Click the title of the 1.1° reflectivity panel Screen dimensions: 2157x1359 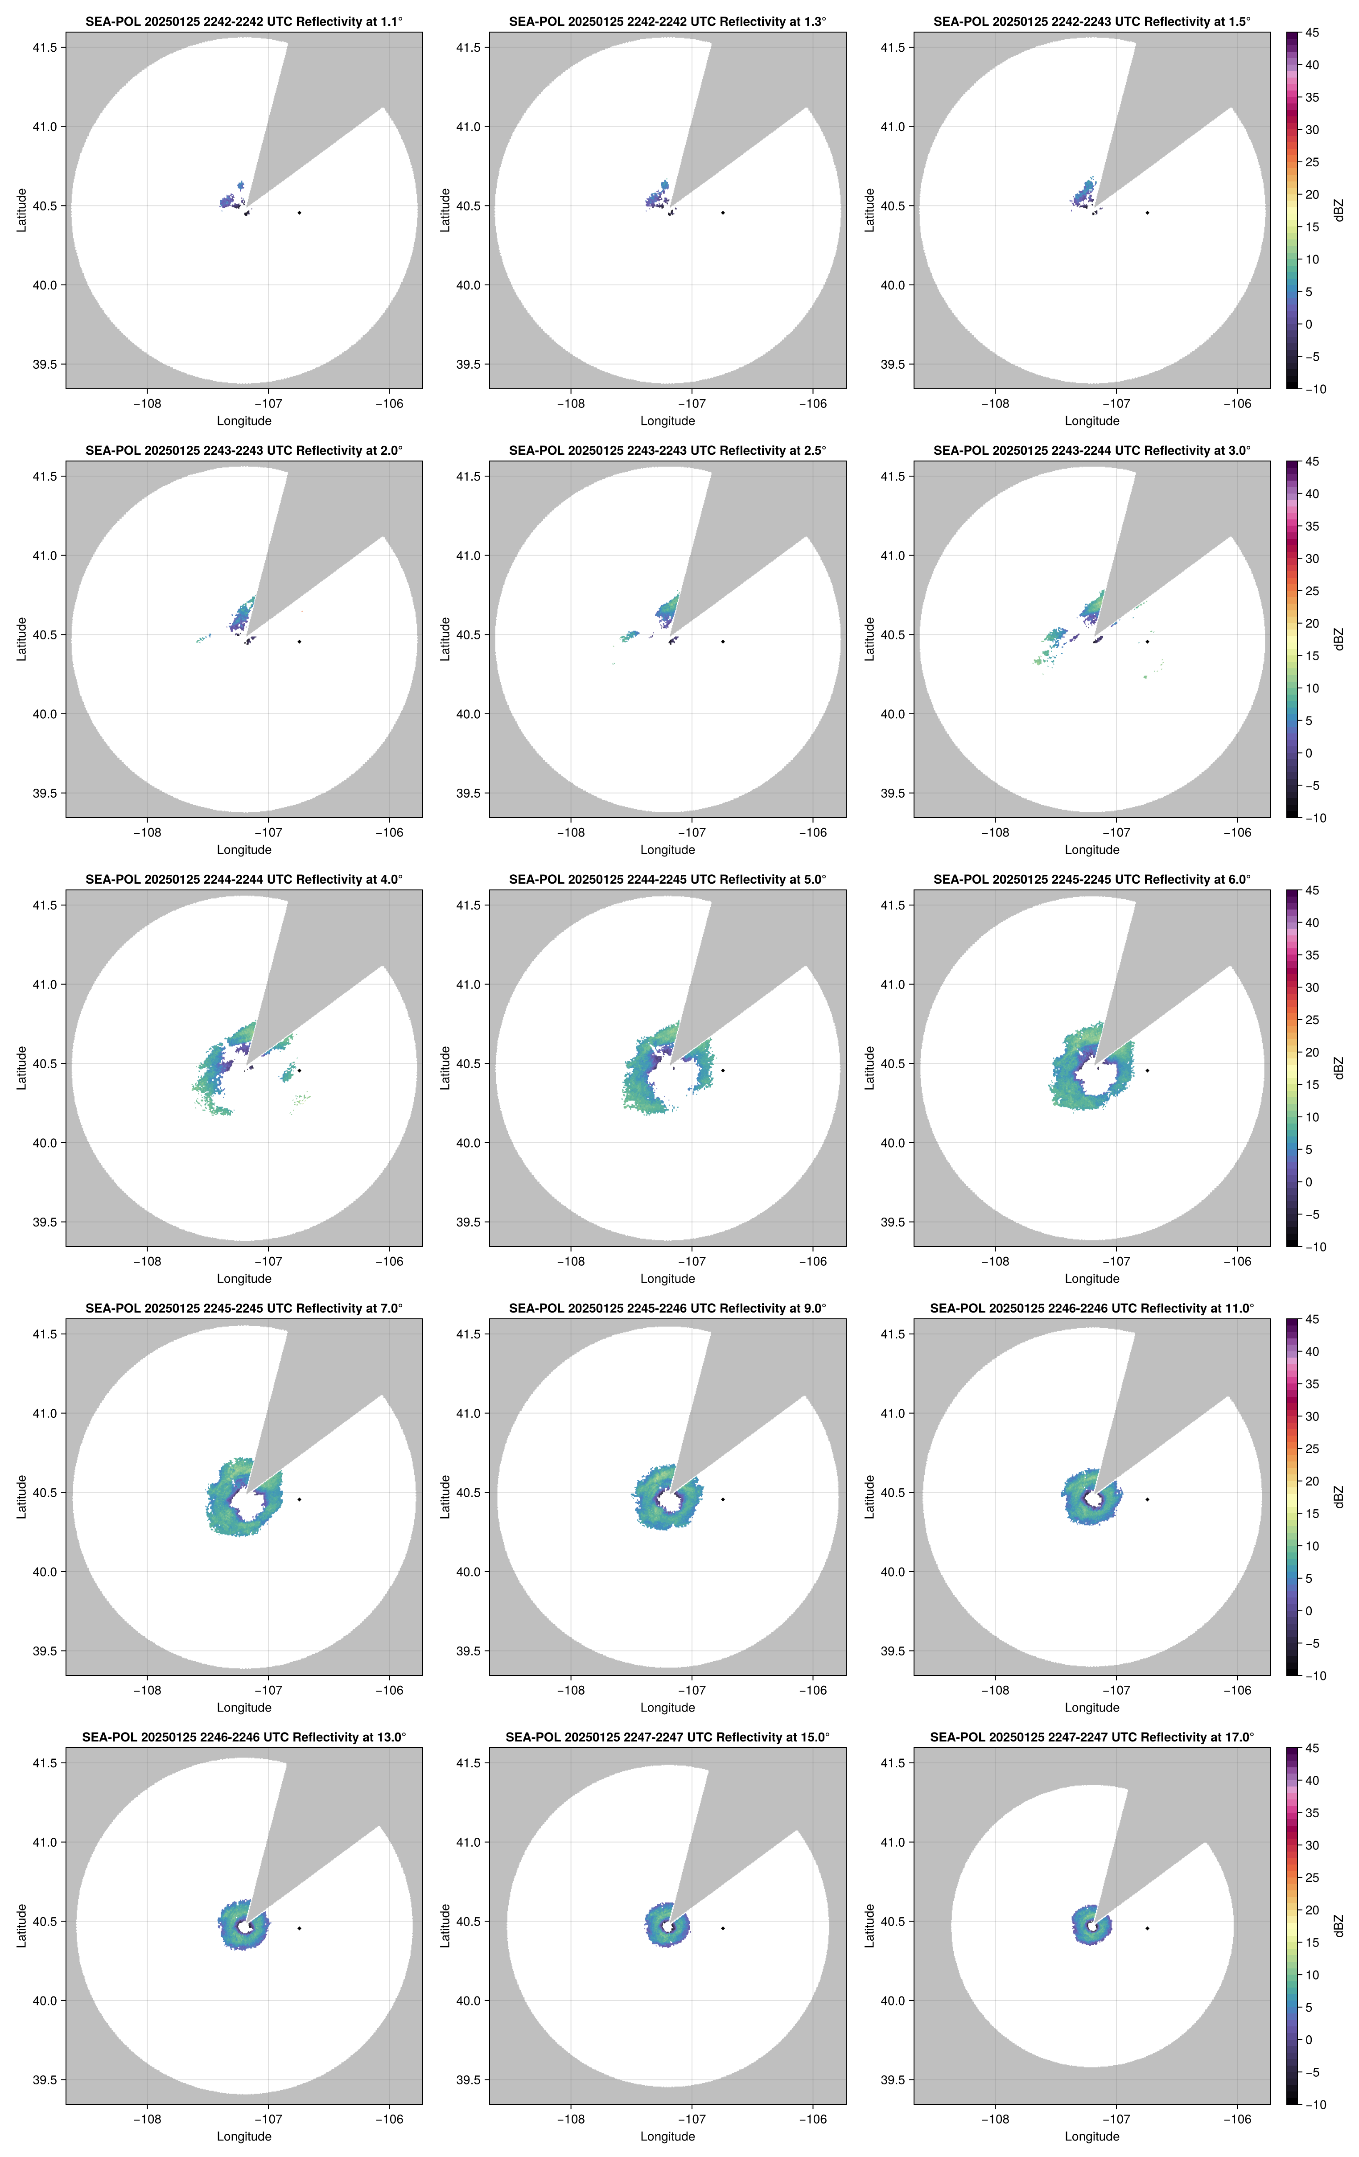244,21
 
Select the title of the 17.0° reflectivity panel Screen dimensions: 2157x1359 1091,1737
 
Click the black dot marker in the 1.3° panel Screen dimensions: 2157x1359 723,212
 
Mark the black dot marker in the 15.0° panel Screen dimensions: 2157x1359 723,1928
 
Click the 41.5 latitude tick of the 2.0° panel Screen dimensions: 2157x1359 45,477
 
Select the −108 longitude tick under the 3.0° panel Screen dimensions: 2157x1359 995,832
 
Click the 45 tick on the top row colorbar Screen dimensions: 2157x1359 1312,33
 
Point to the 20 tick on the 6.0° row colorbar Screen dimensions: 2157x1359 1312,1053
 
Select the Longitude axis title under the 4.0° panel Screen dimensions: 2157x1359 244,1278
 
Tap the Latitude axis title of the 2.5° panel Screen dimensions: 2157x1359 445,639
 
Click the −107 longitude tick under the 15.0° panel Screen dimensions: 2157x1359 692,2120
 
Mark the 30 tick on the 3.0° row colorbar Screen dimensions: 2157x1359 1312,558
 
